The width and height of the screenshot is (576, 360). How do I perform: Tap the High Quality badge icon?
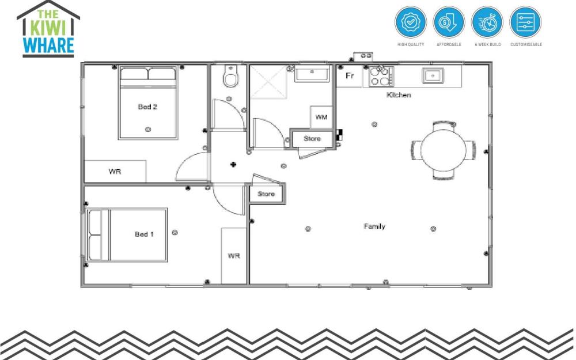click(x=410, y=23)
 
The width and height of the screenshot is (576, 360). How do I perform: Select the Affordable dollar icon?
click(x=449, y=23)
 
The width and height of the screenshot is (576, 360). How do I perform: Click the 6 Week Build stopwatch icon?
click(x=487, y=23)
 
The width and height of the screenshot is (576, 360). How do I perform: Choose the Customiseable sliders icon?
click(x=525, y=23)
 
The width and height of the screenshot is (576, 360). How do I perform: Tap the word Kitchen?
click(x=399, y=95)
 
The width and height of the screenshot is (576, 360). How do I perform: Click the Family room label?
click(x=374, y=226)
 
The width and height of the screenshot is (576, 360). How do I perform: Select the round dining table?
click(x=443, y=149)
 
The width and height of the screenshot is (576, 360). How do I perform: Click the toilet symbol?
click(x=230, y=78)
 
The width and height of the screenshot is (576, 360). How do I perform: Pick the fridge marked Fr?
click(x=349, y=76)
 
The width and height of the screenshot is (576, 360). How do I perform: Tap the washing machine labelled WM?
click(x=321, y=117)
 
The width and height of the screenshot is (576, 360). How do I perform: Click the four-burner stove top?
click(x=381, y=77)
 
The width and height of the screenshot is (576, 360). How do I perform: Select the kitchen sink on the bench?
click(x=433, y=75)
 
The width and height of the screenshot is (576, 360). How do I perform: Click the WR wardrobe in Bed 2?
click(x=115, y=172)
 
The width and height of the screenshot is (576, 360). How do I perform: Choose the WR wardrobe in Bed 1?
click(x=234, y=255)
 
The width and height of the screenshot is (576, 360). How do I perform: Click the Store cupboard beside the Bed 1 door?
click(x=266, y=194)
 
